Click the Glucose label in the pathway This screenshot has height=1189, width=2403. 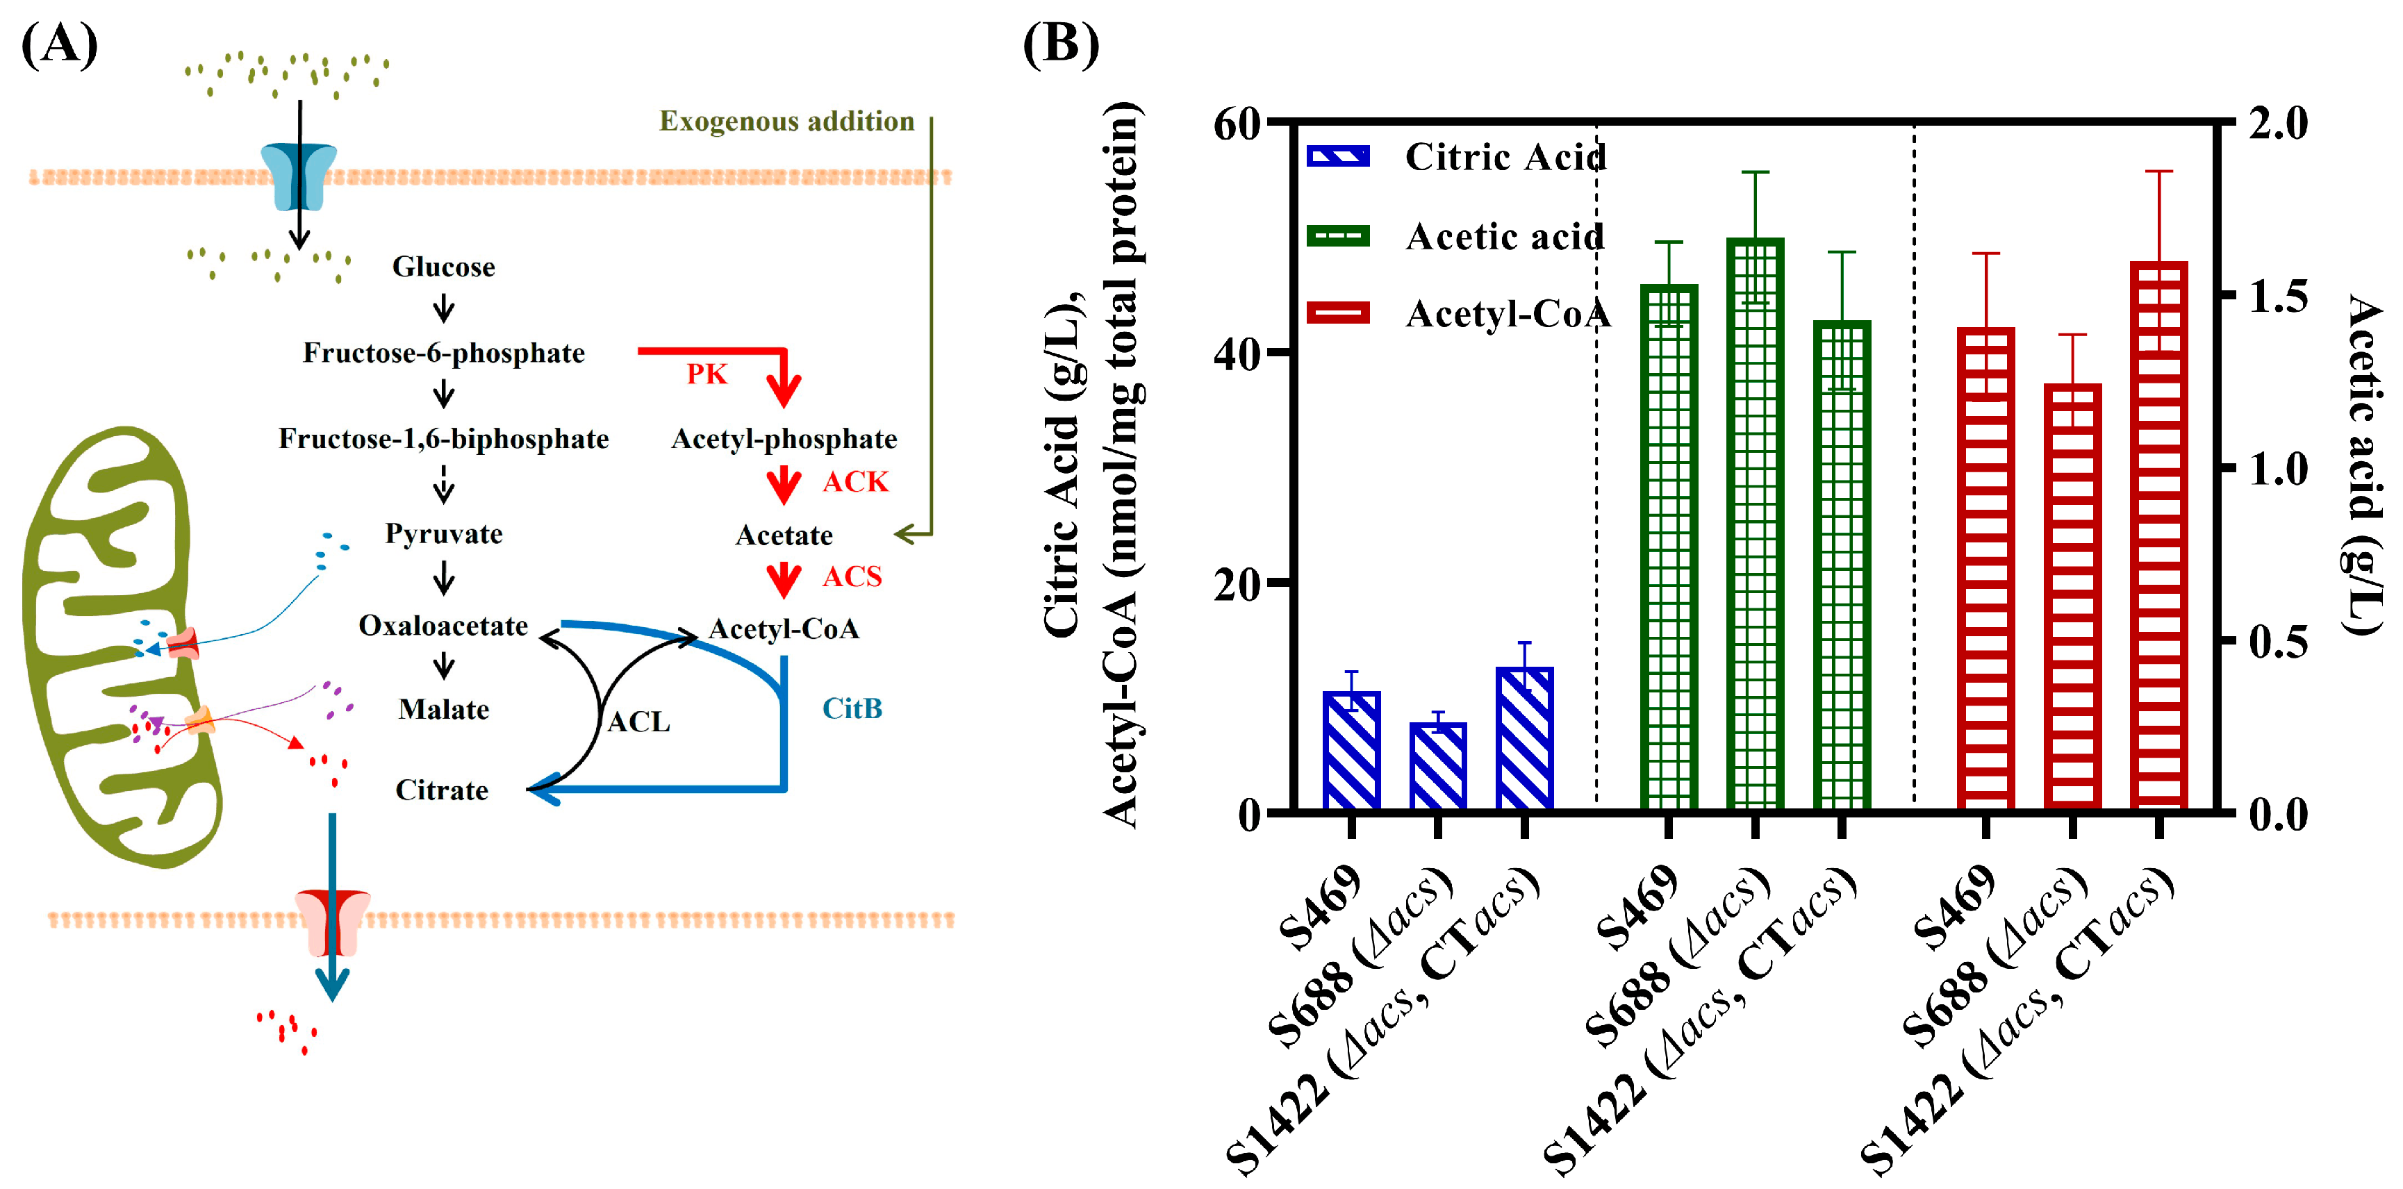point(443,267)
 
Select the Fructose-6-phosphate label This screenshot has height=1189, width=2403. point(443,353)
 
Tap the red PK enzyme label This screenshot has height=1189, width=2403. point(706,374)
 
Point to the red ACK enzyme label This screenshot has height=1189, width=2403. point(854,481)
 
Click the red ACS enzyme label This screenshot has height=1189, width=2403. point(851,576)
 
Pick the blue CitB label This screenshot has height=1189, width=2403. point(851,708)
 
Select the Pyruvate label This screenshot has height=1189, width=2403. point(443,533)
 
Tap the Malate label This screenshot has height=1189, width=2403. point(443,710)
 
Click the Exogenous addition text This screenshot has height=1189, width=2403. point(786,122)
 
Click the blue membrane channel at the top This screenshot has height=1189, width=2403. point(299,176)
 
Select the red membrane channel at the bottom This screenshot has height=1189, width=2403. point(332,922)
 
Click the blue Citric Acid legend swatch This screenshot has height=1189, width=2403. point(1338,157)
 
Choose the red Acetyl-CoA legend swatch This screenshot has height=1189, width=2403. point(1338,313)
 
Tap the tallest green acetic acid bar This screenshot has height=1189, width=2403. point(1755,522)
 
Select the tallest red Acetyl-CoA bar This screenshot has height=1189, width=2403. point(2158,536)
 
